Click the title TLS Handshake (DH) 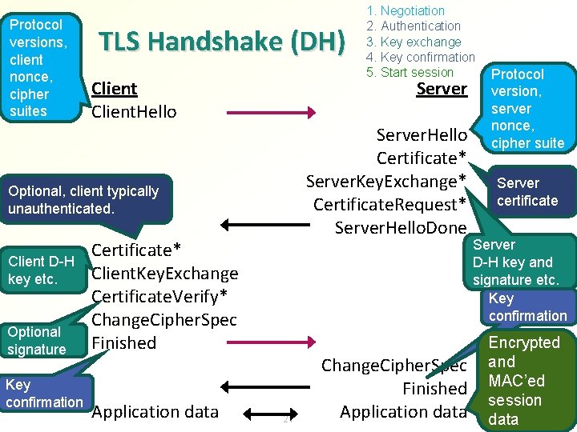(x=221, y=42)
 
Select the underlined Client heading (x=115, y=88)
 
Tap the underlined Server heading (x=442, y=88)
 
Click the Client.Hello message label (x=134, y=111)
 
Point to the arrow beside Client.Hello (x=272, y=112)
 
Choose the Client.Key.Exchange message (x=165, y=273)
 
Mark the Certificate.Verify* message (x=159, y=296)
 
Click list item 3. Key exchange (x=414, y=42)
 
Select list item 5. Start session (x=410, y=72)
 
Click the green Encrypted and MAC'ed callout (x=525, y=380)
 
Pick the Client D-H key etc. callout (x=41, y=270)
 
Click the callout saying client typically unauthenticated (x=84, y=200)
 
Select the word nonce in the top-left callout (x=28, y=77)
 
